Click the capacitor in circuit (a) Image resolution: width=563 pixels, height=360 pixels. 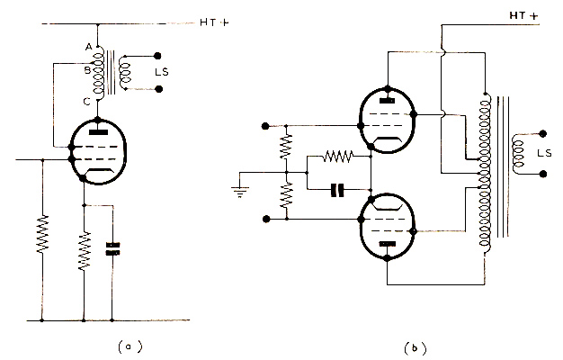click(112, 248)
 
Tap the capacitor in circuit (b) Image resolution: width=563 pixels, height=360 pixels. click(337, 189)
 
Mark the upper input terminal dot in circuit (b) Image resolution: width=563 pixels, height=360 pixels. click(265, 123)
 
